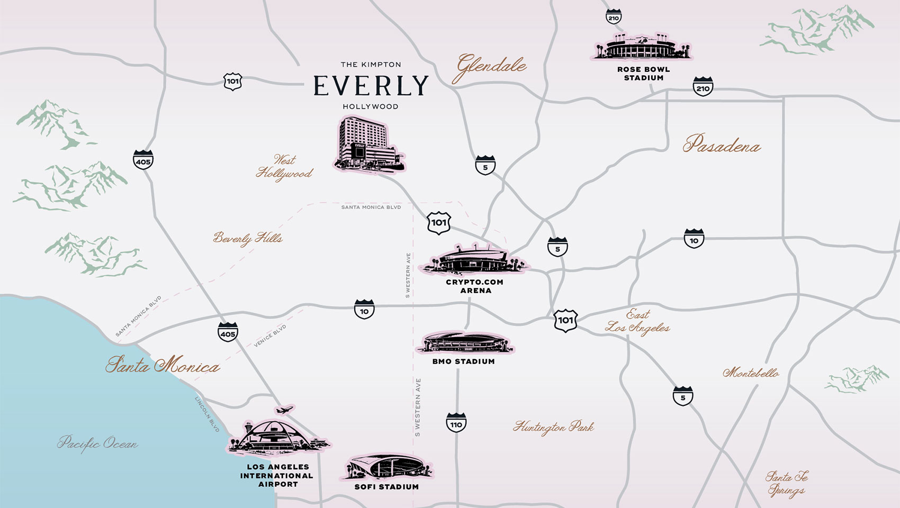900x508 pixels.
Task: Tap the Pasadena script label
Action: (721, 144)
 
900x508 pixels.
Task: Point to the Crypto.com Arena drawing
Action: (474, 260)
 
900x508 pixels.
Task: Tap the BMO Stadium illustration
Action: (464, 343)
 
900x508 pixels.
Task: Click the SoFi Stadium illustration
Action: (386, 467)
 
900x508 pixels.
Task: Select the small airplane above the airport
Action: (284, 410)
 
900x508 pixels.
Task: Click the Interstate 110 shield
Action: (456, 423)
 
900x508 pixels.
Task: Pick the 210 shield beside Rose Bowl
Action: (703, 87)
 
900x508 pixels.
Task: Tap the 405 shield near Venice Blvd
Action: (228, 332)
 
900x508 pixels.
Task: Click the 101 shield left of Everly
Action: (232, 81)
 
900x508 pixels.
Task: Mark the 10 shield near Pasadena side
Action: (694, 239)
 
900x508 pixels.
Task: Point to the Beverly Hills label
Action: (248, 238)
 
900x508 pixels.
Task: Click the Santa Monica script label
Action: (163, 365)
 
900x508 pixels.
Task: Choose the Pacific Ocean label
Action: (97, 443)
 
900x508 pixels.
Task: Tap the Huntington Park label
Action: (553, 427)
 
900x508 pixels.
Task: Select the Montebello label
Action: (751, 373)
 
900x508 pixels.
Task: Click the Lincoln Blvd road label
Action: (207, 414)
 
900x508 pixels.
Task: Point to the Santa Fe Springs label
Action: (787, 484)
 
